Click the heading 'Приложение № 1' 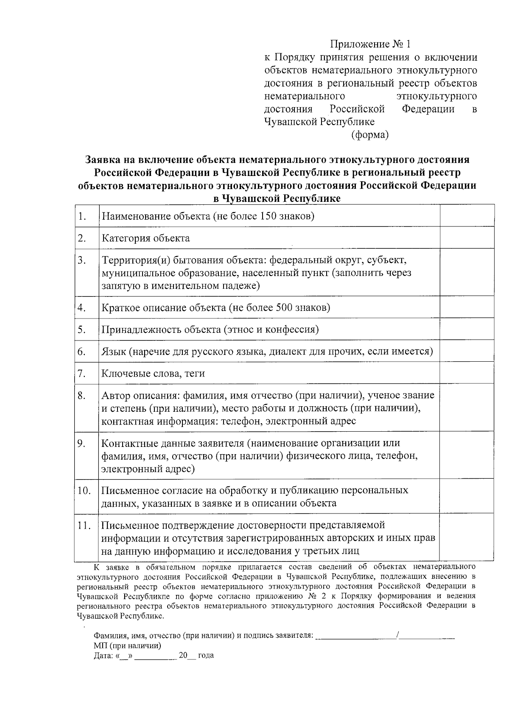[371, 44]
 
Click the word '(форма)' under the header [370, 135]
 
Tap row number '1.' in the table [82, 216]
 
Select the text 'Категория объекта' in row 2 [145, 238]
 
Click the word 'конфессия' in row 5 [292, 329]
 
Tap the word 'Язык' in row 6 [113, 352]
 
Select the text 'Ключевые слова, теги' [153, 374]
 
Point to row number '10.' [84, 491]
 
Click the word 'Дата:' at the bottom [103, 656]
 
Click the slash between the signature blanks [397, 635]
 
